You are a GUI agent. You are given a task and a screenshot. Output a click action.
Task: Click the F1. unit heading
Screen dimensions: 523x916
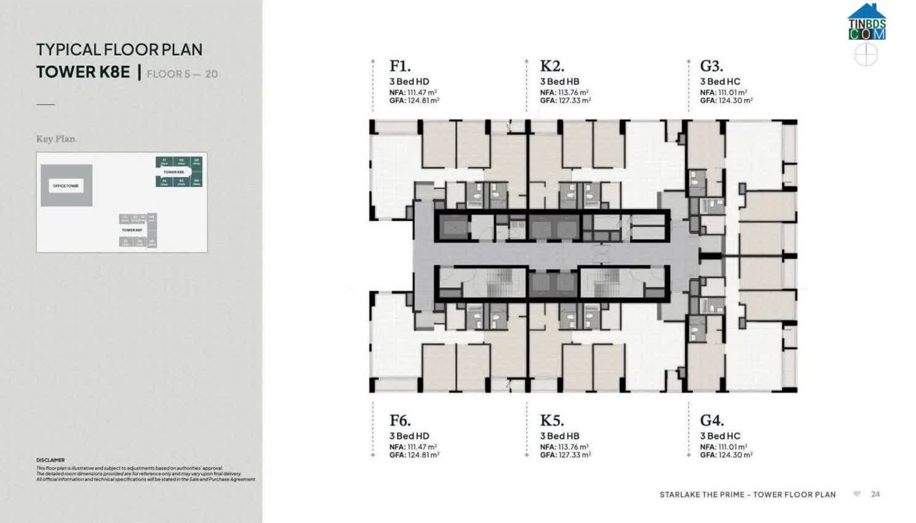tap(400, 66)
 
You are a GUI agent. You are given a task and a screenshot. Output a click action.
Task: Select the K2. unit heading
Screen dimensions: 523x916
tap(551, 66)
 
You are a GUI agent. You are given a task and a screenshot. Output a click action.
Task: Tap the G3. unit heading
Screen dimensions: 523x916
tap(711, 66)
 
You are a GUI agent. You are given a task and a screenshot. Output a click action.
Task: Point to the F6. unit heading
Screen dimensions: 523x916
tap(400, 420)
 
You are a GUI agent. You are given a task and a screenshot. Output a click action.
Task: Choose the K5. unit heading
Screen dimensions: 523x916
tap(551, 420)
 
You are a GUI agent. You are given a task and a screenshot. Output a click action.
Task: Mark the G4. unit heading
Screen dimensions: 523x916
tap(711, 420)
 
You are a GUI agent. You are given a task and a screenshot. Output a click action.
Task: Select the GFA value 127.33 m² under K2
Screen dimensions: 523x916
tap(574, 101)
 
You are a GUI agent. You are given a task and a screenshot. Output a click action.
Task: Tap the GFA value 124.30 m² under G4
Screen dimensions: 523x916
tap(735, 455)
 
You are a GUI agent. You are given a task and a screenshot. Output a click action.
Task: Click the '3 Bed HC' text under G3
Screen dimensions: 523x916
tap(720, 82)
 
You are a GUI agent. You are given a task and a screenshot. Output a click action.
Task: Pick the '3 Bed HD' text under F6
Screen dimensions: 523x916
tap(409, 436)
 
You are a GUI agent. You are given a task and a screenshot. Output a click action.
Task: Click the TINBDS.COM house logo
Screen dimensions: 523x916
tap(867, 22)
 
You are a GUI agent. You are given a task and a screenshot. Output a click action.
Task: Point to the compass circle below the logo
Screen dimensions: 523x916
tap(866, 55)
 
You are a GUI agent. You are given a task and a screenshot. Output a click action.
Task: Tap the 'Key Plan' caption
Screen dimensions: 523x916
tap(55, 139)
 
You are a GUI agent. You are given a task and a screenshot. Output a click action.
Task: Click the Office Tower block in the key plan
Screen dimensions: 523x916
tap(66, 186)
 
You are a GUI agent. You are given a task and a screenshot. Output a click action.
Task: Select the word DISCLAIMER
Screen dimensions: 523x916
tap(50, 460)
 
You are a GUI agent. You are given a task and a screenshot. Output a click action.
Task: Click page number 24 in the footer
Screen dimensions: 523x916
tap(875, 494)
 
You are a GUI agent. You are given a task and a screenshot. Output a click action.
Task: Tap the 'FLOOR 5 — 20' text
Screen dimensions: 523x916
tap(182, 74)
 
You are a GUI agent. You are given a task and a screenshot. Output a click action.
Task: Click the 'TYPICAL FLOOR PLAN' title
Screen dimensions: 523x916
tap(119, 50)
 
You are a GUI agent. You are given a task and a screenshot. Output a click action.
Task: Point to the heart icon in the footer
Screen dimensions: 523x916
tap(857, 494)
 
